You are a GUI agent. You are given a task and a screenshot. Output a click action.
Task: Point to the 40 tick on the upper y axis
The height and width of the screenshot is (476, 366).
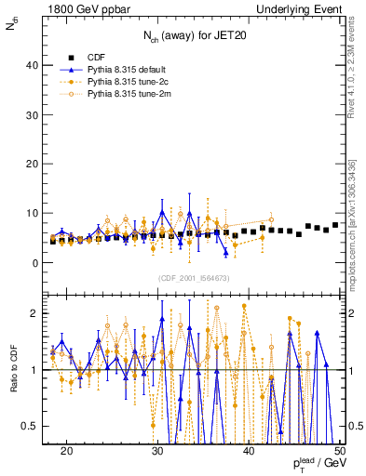coord(33,65)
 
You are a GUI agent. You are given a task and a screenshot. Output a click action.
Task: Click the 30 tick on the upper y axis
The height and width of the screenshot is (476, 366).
coord(33,114)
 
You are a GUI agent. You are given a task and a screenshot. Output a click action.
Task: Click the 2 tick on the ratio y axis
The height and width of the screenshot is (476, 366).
coord(35,313)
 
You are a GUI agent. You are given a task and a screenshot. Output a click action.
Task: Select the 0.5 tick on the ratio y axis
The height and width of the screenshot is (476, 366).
coord(31,426)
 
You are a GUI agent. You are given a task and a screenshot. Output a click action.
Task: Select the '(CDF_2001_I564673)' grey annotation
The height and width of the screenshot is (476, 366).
coord(194,278)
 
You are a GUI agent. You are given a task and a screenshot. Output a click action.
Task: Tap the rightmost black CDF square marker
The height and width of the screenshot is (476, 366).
coord(335,226)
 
